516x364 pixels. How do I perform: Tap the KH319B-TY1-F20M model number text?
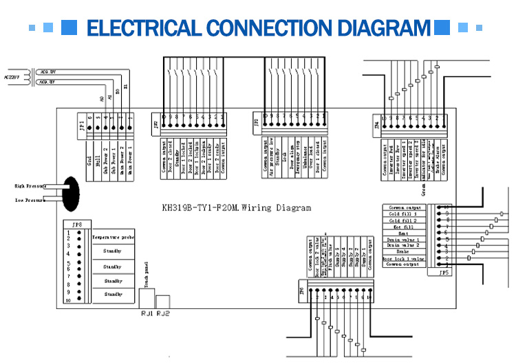207,207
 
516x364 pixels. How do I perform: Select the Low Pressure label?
29,201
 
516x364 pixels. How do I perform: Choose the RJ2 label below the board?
162,313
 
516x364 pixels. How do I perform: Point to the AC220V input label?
13,76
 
